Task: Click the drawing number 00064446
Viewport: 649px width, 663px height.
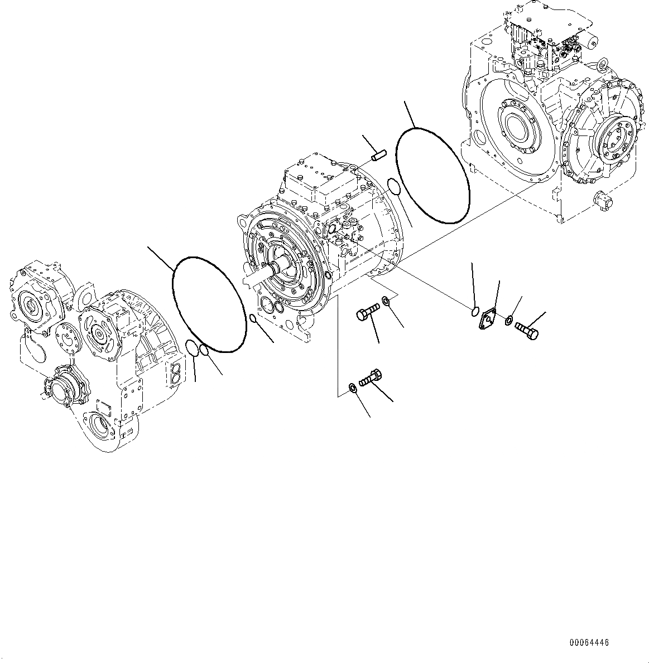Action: click(589, 643)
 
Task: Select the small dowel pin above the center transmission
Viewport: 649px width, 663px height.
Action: click(379, 152)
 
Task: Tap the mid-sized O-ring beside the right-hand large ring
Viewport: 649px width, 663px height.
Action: click(394, 187)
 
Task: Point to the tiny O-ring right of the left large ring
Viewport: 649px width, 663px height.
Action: click(253, 318)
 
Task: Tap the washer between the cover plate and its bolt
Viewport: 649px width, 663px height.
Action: click(509, 321)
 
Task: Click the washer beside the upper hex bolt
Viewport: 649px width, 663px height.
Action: click(386, 302)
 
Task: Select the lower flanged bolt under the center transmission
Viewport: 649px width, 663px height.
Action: click(372, 377)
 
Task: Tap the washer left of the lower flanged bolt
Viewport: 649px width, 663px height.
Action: click(352, 388)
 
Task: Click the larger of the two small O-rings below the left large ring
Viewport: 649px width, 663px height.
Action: click(191, 347)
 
